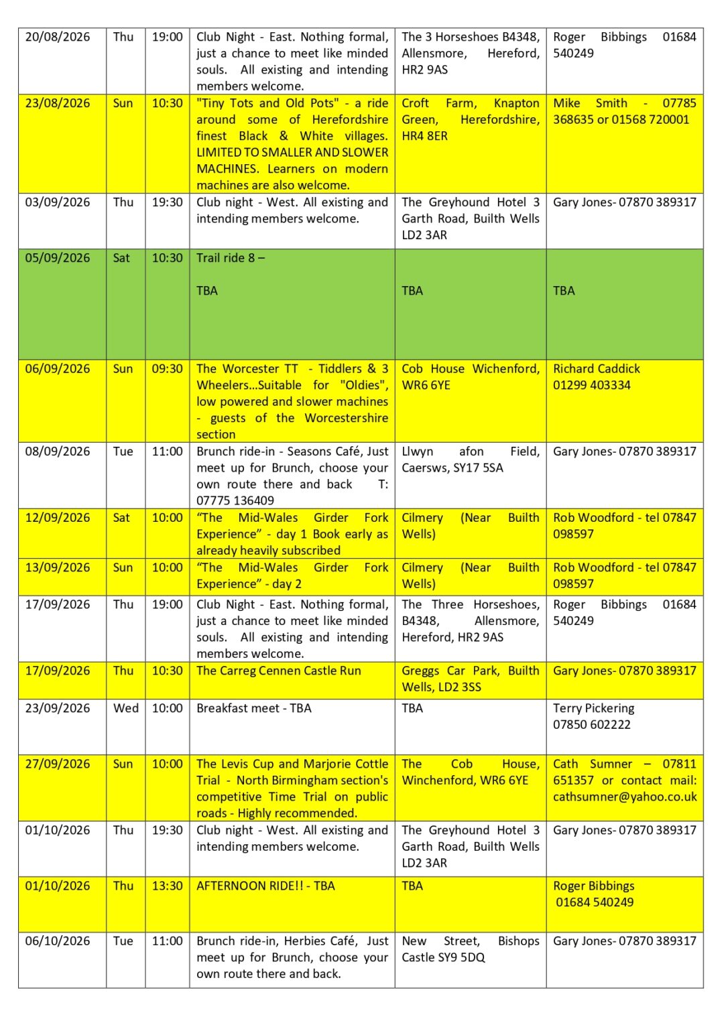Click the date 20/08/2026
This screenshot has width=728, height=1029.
tap(57, 37)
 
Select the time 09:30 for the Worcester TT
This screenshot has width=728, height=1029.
tap(167, 369)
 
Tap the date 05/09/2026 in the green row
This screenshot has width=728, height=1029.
tap(57, 258)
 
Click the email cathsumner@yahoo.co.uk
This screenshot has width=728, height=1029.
tap(625, 797)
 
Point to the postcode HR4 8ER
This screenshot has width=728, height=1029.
tap(424, 136)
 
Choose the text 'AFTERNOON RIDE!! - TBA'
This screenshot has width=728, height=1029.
tap(265, 886)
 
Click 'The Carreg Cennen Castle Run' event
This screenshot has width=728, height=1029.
tap(278, 671)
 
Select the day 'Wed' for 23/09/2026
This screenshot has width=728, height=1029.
tap(125, 709)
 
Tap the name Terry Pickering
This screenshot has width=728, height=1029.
tap(593, 709)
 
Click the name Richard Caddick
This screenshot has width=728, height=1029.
tap(596, 369)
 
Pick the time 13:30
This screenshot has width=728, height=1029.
tap(167, 886)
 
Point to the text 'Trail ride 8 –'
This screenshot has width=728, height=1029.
tap(230, 258)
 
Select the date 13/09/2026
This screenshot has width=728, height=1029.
tap(57, 568)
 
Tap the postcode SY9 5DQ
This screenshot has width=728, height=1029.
tap(462, 958)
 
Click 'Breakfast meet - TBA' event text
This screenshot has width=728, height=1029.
tap(253, 709)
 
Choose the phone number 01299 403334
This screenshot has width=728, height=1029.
tap(591, 385)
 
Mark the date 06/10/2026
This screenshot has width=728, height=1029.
tap(57, 941)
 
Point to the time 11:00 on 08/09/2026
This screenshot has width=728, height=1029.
tap(167, 452)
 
